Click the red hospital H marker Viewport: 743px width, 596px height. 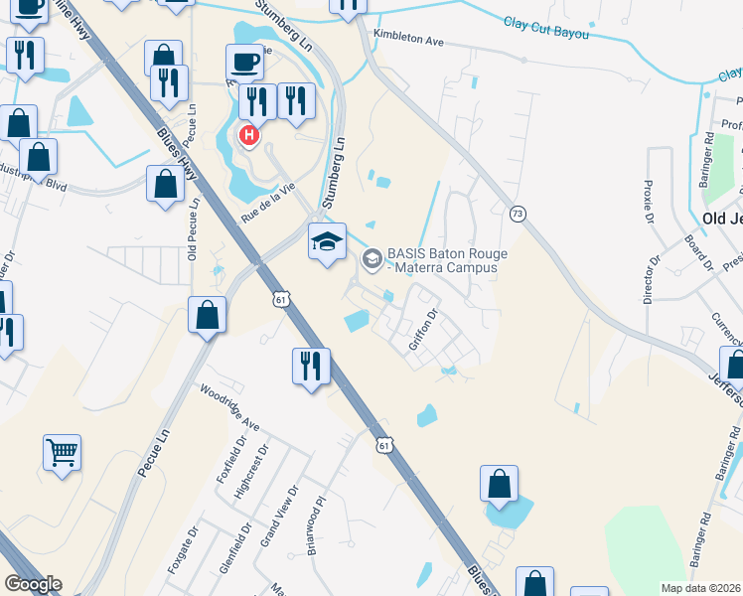coord(249,134)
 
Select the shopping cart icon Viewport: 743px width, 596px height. coord(62,454)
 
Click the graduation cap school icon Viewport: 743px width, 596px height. coord(327,241)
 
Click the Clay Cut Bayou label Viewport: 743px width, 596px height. coord(545,28)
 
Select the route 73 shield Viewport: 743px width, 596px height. coord(518,214)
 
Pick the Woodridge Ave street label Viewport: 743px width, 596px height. coord(229,408)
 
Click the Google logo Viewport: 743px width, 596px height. coord(32,584)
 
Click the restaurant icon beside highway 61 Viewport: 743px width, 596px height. coord(311,366)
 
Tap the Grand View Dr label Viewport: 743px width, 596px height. coord(277,517)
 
